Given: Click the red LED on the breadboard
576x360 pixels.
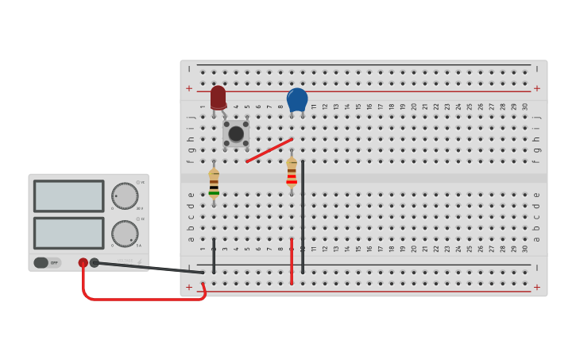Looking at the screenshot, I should pos(218,98).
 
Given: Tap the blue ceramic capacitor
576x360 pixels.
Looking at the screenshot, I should pos(297,100).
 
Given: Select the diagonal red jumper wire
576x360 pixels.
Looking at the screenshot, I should pos(269,150).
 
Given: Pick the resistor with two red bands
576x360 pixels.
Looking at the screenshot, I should pos(292,172).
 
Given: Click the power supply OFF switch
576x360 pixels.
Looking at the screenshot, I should pos(47,262).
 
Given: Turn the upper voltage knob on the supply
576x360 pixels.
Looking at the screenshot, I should pos(124,195).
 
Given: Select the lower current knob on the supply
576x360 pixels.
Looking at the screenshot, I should pos(124,233).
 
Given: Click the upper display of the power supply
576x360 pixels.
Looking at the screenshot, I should pos(68,195).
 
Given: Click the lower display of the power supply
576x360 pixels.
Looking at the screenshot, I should pos(68,233).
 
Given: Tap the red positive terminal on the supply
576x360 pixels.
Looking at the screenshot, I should pos(83,262).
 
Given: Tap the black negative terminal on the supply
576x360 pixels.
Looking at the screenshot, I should pos(95,262).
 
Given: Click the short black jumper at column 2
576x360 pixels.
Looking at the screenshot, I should pos(214,254).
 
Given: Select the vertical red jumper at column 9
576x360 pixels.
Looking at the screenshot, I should pos(292,261).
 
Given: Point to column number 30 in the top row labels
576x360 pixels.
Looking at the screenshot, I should pos(525,106).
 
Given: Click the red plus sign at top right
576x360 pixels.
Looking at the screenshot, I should pos(537,88).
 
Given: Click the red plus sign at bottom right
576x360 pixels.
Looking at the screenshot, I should pos(537,287).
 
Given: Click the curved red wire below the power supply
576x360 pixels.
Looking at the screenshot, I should pos(143,299).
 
